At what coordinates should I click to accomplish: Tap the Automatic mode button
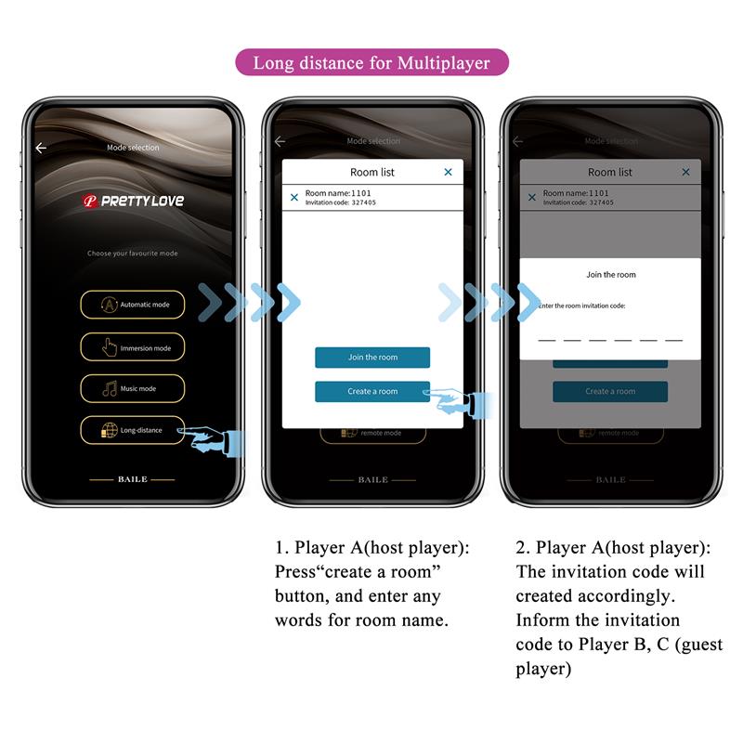click(x=132, y=305)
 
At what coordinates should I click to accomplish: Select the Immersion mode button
click(x=132, y=347)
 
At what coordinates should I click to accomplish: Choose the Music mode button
click(x=132, y=388)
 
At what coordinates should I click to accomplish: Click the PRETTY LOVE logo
click(x=132, y=201)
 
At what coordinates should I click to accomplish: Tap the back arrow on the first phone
click(x=41, y=148)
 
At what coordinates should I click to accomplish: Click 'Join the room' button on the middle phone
click(x=371, y=358)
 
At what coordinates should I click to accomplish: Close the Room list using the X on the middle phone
click(x=448, y=172)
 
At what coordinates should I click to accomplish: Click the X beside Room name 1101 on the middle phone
click(x=294, y=198)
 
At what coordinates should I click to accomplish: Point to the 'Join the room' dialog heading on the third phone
click(x=611, y=275)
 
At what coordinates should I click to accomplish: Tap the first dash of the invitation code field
click(x=547, y=340)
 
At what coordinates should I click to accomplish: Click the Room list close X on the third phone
click(x=685, y=172)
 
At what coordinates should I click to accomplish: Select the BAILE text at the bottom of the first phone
click(x=132, y=479)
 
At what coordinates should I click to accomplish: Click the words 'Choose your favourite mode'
click(x=132, y=254)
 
